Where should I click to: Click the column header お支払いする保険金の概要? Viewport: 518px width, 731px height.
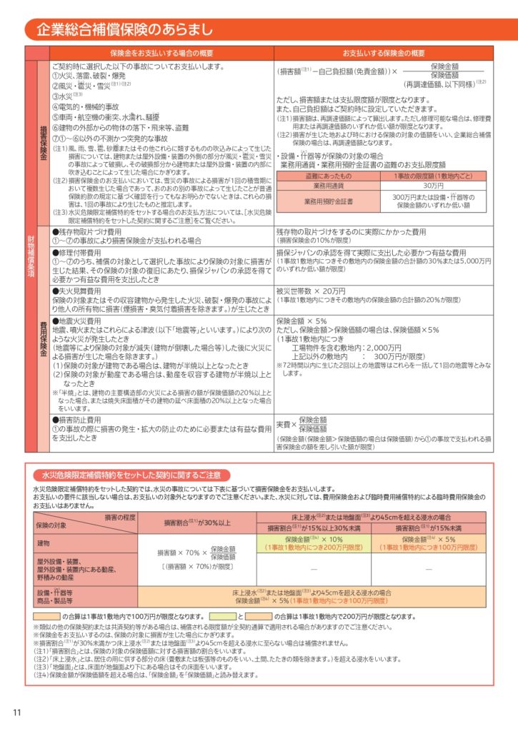point(383,54)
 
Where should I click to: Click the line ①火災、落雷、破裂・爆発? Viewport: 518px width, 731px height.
point(89,76)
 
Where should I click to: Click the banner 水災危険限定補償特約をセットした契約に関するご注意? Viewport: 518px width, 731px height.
point(132,475)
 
